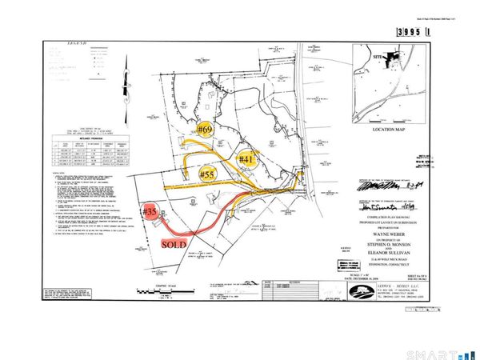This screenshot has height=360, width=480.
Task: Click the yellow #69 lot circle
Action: coord(206,128)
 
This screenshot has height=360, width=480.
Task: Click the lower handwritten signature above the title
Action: coord(394,206)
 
